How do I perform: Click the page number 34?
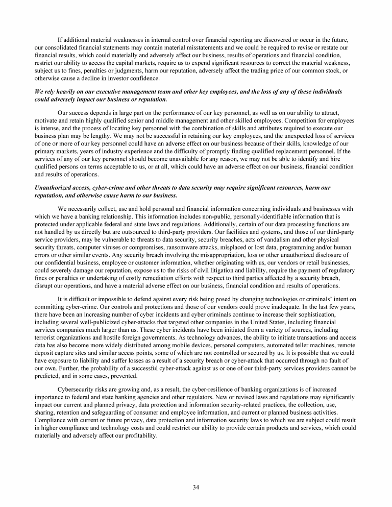click(x=196, y=487)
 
